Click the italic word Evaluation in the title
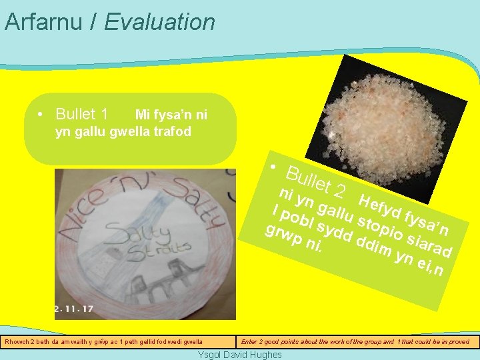click(x=159, y=22)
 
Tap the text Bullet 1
click(x=82, y=113)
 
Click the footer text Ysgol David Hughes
click(x=240, y=355)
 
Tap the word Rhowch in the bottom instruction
click(x=18, y=342)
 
